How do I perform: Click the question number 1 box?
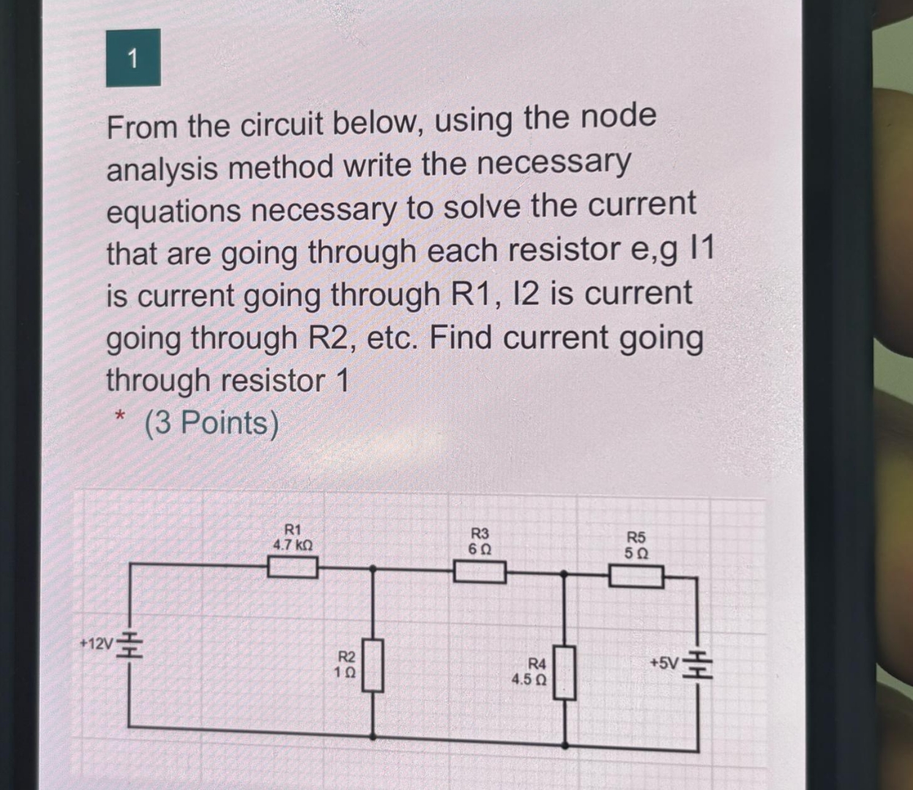[132, 58]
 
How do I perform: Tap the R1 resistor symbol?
[292, 567]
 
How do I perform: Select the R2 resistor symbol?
[374, 664]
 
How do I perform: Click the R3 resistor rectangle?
[480, 571]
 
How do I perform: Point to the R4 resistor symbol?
[564, 671]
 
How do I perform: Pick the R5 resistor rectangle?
[637, 577]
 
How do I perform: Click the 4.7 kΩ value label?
[293, 545]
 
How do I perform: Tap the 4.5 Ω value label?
[529, 680]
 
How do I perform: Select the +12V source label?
[96, 644]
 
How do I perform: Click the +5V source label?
[664, 663]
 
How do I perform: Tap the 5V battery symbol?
[697, 664]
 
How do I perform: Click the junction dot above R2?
[374, 567]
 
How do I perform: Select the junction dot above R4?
[564, 575]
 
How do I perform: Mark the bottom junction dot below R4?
[564, 745]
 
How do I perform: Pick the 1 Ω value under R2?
[345, 671]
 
